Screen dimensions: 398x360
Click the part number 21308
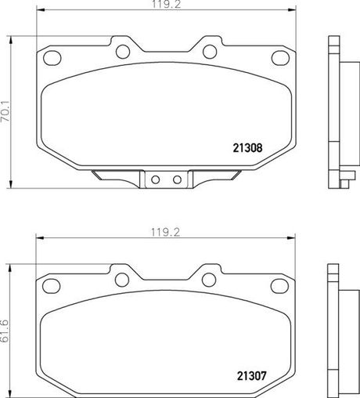(x=248, y=146)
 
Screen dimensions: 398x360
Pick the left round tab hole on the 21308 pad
(x=123, y=52)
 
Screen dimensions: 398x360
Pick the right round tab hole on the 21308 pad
(x=210, y=52)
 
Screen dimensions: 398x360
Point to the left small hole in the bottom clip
(x=155, y=180)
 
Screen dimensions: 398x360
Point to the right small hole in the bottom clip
(x=177, y=180)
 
